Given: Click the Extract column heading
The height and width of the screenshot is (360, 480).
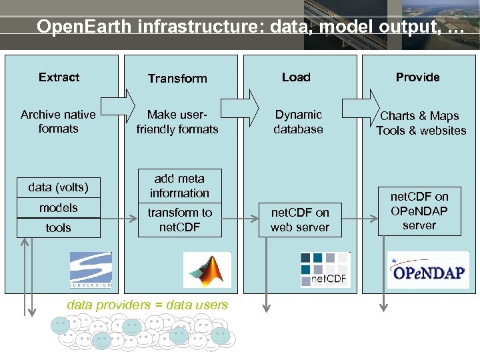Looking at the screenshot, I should click(59, 77).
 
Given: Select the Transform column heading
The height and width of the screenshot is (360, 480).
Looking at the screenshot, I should click(177, 79).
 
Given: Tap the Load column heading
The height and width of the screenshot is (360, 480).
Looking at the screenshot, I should click(296, 77).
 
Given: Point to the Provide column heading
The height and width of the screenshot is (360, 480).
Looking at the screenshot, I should click(417, 77).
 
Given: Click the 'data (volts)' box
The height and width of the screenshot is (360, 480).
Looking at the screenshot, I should click(58, 187).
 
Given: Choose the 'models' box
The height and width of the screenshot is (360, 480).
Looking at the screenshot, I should click(58, 208).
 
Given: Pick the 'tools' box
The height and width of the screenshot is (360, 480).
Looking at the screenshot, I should click(58, 228).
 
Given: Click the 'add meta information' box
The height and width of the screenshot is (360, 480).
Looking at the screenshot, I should click(179, 186).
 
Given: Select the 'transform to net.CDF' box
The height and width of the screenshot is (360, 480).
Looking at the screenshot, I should click(179, 220).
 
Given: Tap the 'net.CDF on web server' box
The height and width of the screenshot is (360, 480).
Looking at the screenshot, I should click(299, 220).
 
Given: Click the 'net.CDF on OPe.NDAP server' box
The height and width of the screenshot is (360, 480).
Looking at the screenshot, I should click(419, 211).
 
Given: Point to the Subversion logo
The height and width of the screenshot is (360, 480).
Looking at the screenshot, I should click(91, 270).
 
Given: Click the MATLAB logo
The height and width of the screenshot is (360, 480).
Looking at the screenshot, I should click(207, 270).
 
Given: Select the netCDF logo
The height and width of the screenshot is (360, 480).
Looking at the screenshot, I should click(324, 269).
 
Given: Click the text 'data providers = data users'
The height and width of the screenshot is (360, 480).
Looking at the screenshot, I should click(147, 305).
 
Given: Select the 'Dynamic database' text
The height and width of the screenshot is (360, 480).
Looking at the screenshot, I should click(298, 122).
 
